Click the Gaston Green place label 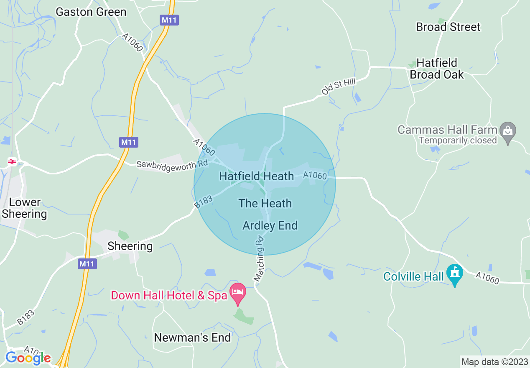[91, 12]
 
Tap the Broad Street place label [448, 27]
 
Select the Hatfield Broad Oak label [437, 69]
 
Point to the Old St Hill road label [339, 87]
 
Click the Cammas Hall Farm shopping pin [508, 130]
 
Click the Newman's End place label [192, 337]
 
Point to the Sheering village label [130, 246]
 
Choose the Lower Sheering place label [25, 208]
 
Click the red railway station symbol [12, 162]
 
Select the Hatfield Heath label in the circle [256, 176]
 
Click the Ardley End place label [270, 226]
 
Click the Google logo [28, 358]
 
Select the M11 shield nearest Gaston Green [169, 20]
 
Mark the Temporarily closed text [457, 141]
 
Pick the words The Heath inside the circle [265, 203]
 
